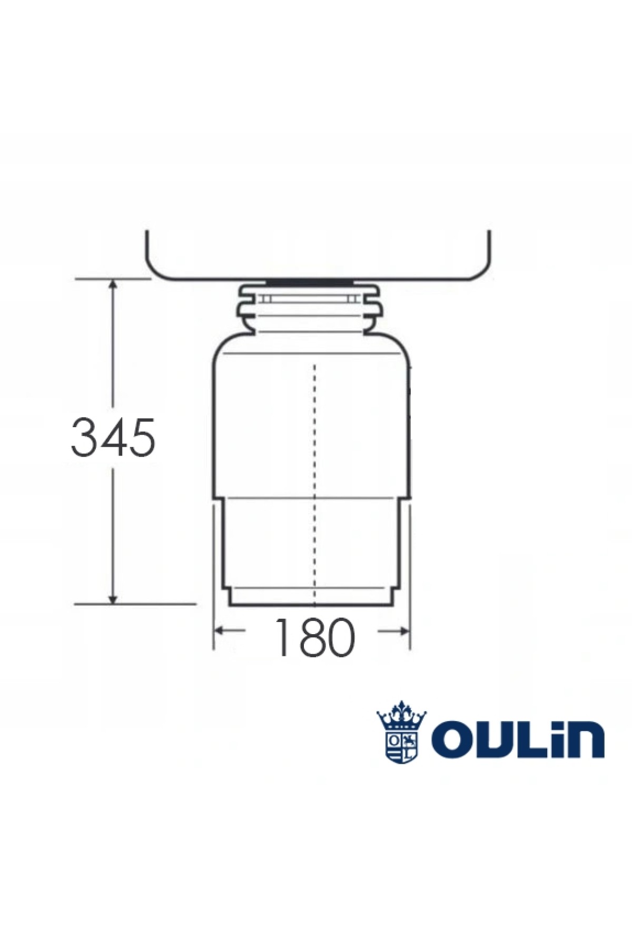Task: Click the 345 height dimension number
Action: [113, 437]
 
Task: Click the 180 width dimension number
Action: [314, 637]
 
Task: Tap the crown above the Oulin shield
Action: [401, 714]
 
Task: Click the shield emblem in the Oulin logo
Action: [401, 745]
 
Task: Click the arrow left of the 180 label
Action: [230, 630]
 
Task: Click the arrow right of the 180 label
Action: [394, 630]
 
